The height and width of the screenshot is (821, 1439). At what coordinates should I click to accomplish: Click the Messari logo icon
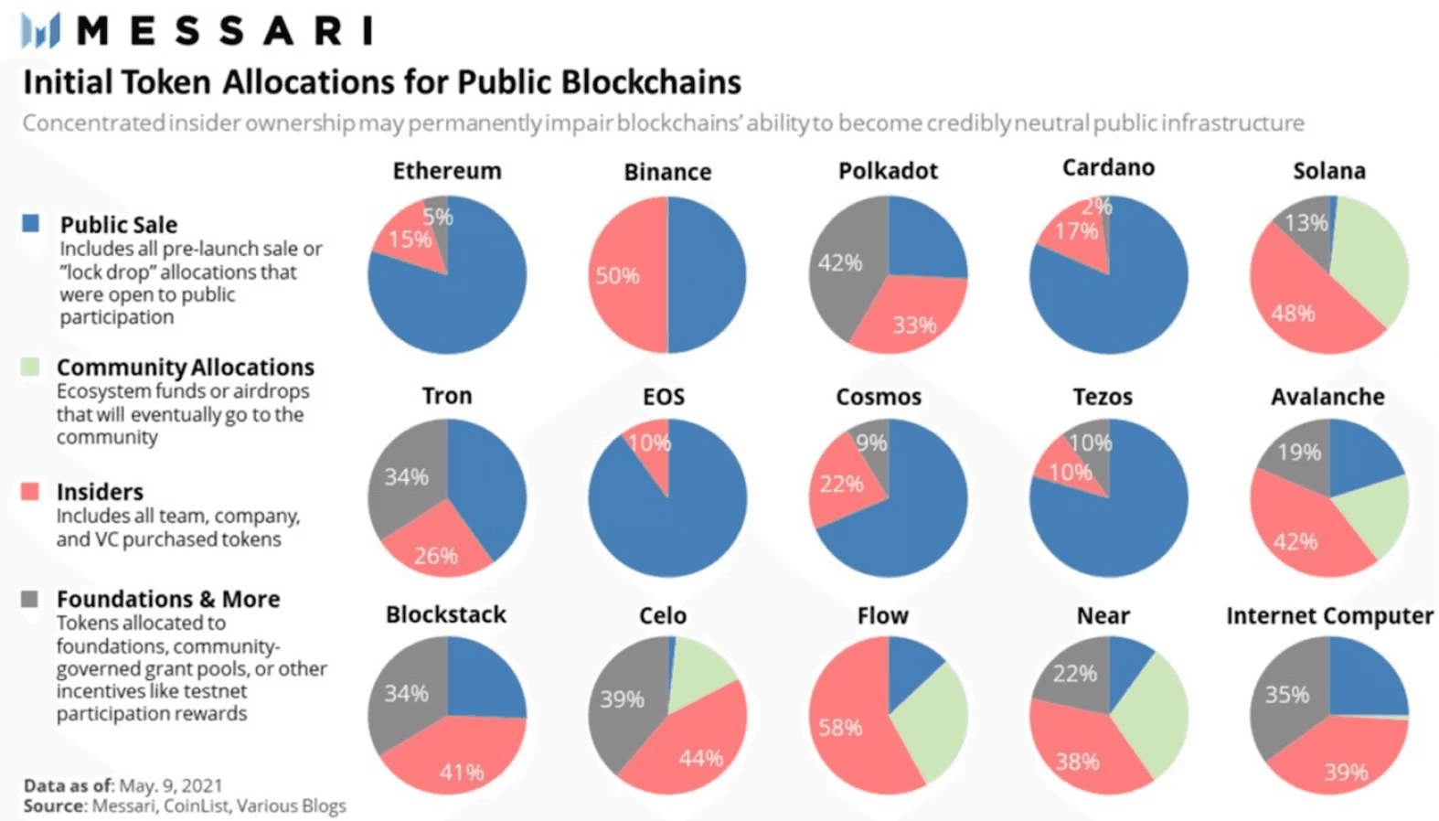pyautogui.click(x=40, y=31)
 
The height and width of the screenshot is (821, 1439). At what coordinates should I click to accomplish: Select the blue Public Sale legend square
pyautogui.click(x=31, y=223)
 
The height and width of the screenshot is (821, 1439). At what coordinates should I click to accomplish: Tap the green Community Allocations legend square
pyautogui.click(x=30, y=367)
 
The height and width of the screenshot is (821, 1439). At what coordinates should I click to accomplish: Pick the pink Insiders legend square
pyautogui.click(x=30, y=492)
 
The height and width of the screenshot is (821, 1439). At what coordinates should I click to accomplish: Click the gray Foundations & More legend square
pyautogui.click(x=30, y=599)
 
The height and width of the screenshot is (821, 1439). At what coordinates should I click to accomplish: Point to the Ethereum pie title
pyautogui.click(x=447, y=171)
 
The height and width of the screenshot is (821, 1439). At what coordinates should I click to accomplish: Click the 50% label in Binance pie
pyautogui.click(x=617, y=276)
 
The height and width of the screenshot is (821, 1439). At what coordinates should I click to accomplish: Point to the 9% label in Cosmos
pyautogui.click(x=871, y=443)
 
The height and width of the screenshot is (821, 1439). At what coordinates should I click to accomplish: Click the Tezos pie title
pyautogui.click(x=1103, y=397)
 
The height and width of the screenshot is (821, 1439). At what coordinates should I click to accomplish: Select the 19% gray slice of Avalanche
pyautogui.click(x=1298, y=452)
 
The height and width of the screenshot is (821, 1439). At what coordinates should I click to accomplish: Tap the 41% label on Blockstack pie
pyautogui.click(x=461, y=773)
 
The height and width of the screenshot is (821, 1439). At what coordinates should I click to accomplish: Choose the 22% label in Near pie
pyautogui.click(x=1074, y=674)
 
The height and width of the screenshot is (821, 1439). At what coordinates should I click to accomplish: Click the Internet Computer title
pyautogui.click(x=1329, y=616)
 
